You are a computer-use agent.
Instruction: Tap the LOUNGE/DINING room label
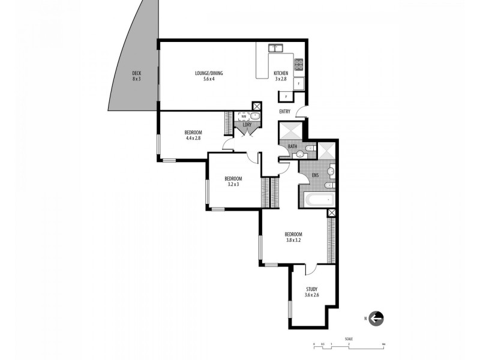tap(209, 76)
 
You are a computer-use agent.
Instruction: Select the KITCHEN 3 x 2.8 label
tap(281, 76)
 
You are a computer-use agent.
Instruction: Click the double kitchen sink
tap(276, 47)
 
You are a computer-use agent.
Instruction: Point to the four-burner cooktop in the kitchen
tap(299, 63)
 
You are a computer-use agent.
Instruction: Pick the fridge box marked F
tap(299, 84)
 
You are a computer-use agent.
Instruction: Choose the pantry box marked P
tap(286, 97)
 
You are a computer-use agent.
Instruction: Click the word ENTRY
tap(284, 112)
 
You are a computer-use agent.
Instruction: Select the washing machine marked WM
tap(244, 116)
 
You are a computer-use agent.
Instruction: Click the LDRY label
tap(247, 125)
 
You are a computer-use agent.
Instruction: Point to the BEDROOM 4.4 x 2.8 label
tap(193, 135)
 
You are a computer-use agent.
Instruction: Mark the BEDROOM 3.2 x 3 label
tap(233, 181)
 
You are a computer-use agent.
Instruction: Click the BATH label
tap(292, 146)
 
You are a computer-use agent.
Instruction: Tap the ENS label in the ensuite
tap(315, 175)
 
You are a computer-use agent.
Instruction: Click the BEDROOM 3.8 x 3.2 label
tap(293, 237)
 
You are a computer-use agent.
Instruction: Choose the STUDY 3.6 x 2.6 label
tap(311, 292)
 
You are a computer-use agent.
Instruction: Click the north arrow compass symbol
tap(376, 319)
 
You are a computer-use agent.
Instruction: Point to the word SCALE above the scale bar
tap(349, 338)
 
